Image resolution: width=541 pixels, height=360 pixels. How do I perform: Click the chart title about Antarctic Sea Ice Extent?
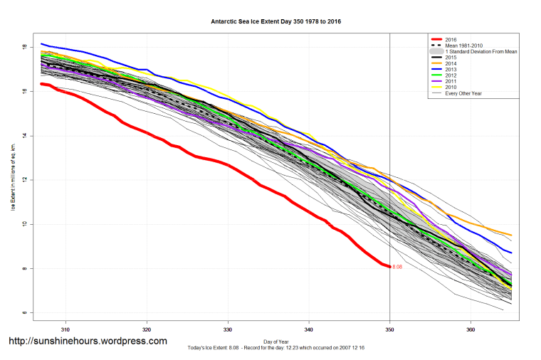click(270, 22)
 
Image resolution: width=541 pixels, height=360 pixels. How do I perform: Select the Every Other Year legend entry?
click(468, 93)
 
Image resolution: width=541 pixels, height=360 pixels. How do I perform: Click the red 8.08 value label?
click(397, 267)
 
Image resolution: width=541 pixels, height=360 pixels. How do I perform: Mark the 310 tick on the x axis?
click(65, 329)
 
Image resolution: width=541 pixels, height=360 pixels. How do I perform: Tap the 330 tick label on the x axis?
click(228, 329)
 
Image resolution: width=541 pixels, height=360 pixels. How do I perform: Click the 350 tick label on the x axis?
click(389, 329)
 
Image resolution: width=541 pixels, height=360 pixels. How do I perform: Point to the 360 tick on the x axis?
click(471, 329)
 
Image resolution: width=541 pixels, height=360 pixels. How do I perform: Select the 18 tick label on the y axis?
click(25, 47)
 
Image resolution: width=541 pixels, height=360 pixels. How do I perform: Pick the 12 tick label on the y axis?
click(25, 180)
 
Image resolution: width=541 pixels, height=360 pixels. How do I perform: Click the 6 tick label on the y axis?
click(25, 313)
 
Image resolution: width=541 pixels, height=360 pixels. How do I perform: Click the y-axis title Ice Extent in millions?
click(12, 176)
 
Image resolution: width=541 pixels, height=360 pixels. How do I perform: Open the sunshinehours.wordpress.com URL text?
click(88, 342)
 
